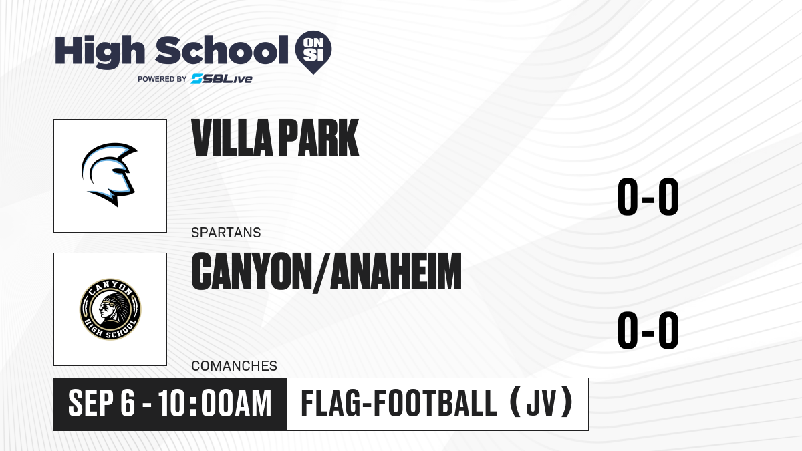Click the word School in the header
tap(222, 50)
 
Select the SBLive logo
tap(222, 79)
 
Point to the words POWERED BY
tap(162, 79)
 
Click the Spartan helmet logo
tap(109, 174)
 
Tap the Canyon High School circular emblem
tap(110, 309)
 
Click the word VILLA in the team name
tap(232, 138)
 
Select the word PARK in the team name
tap(319, 138)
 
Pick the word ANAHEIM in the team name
tap(395, 271)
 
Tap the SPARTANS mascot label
tap(226, 233)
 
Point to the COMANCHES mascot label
tap(234, 366)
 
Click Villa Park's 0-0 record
tap(648, 197)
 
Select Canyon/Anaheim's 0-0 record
tap(648, 330)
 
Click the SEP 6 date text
tap(102, 404)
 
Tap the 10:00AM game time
tap(215, 404)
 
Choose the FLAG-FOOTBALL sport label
tap(399, 404)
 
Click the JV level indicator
tap(542, 404)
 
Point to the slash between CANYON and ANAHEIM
tap(321, 273)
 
